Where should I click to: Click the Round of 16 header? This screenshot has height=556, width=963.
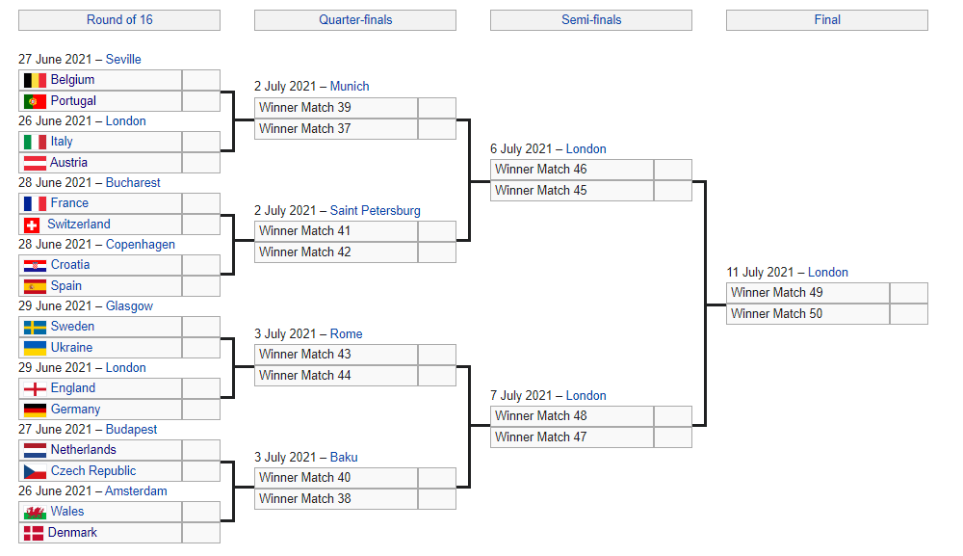119,19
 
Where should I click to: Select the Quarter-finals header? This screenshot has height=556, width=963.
355,19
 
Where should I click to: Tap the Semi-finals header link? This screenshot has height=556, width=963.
591,19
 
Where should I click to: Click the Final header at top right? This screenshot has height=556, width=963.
826,19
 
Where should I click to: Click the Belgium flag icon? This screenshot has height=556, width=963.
35,81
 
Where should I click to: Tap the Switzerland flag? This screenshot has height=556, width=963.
32,225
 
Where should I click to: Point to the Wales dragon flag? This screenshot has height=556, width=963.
35,512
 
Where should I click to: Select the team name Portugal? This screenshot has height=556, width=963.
73,101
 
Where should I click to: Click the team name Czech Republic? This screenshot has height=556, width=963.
92,470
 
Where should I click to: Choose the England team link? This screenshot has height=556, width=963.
72,388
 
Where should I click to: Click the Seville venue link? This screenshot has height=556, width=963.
123,59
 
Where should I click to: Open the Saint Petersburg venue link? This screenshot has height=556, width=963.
375,210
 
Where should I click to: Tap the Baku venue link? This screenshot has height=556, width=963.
344,457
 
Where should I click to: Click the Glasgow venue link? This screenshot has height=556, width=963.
129,306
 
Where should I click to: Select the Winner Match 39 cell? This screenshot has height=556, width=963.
336,108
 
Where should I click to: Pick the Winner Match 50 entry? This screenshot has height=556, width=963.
808,314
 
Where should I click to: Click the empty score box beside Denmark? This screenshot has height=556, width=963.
201,533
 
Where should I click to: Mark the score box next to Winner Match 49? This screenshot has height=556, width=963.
909,293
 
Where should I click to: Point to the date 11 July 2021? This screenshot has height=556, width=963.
761,272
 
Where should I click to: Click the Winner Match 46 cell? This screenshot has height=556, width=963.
572,170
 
